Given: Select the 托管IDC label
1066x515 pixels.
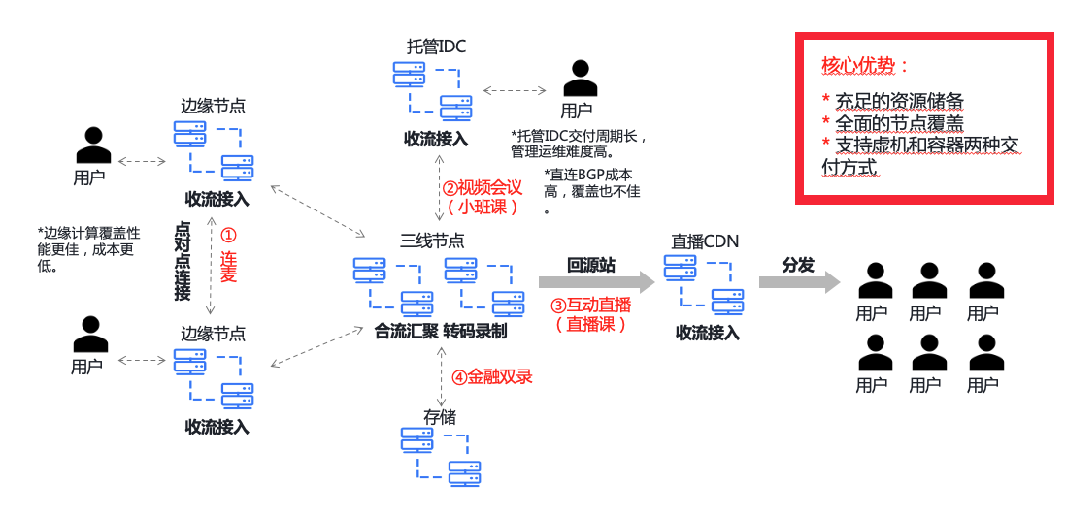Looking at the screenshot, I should (x=436, y=46).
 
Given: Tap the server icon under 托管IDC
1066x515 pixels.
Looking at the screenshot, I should (x=432, y=89).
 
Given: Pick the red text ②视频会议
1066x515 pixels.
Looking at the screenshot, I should (x=483, y=187).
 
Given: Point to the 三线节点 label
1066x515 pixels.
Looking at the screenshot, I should (x=432, y=240).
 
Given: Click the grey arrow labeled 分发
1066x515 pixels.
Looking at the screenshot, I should (x=799, y=281).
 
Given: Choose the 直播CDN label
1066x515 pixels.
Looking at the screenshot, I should (x=706, y=241).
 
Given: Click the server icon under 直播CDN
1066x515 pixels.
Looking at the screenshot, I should (x=704, y=284).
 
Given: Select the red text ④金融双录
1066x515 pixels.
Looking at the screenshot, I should (x=491, y=376).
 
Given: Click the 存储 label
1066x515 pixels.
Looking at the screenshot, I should (x=439, y=417).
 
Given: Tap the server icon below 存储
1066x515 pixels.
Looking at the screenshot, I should (x=440, y=457).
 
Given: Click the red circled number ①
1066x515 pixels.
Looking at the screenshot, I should (x=228, y=235).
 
